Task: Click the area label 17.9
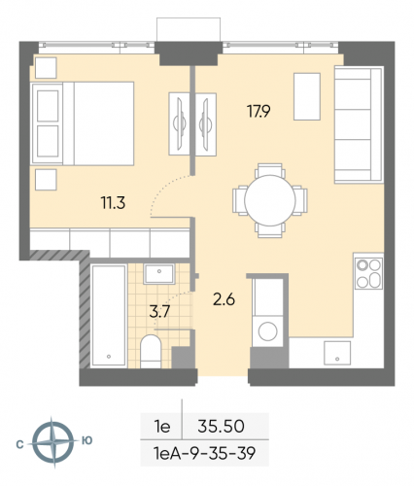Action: click(258, 111)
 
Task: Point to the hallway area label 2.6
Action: click(224, 299)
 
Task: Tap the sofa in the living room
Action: click(352, 119)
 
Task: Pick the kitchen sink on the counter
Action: click(337, 351)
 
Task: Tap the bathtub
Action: click(104, 316)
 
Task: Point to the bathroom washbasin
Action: click(155, 275)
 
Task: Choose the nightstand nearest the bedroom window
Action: click(46, 67)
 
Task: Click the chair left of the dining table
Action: click(241, 199)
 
